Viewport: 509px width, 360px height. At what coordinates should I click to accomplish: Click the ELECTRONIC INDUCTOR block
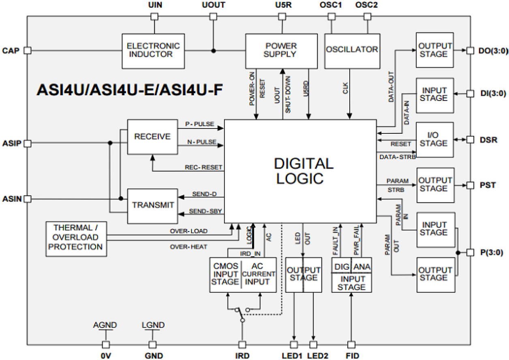coord(153,50)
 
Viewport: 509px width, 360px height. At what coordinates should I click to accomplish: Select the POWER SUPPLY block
coord(281,50)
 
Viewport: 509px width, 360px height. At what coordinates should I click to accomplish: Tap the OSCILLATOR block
coord(352,50)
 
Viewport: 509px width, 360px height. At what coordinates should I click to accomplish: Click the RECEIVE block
coord(152,137)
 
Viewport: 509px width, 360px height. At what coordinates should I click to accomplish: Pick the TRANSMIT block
coord(153,206)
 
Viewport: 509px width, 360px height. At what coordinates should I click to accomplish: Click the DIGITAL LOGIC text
coord(304,171)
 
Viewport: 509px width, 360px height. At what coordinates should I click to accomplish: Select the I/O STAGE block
coord(433,139)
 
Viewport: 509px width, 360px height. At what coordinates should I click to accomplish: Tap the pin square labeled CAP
coord(28,51)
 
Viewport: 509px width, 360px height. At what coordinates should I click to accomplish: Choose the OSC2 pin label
coord(367,6)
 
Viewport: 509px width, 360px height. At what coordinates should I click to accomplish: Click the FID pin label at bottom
coord(351,356)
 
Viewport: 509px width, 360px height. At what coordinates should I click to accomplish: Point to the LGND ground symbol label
coord(153,325)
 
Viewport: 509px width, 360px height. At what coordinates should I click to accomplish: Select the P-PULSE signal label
coord(199,124)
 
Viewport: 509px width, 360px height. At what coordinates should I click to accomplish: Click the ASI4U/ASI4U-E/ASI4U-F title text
coord(129,89)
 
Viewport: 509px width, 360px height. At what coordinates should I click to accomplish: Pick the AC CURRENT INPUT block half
coord(259,274)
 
